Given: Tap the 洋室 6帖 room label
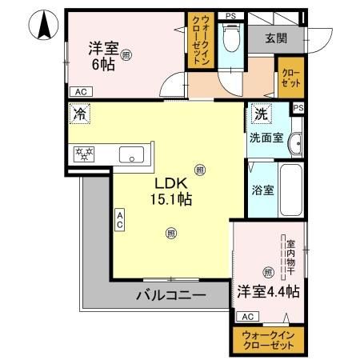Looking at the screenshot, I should pos(102,57).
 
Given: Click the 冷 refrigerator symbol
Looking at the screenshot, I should pos(79,115).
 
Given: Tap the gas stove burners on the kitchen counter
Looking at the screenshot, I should pos(85,153).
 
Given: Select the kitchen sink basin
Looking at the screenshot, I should pos(131,154).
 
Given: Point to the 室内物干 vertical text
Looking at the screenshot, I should pos(291,251).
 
